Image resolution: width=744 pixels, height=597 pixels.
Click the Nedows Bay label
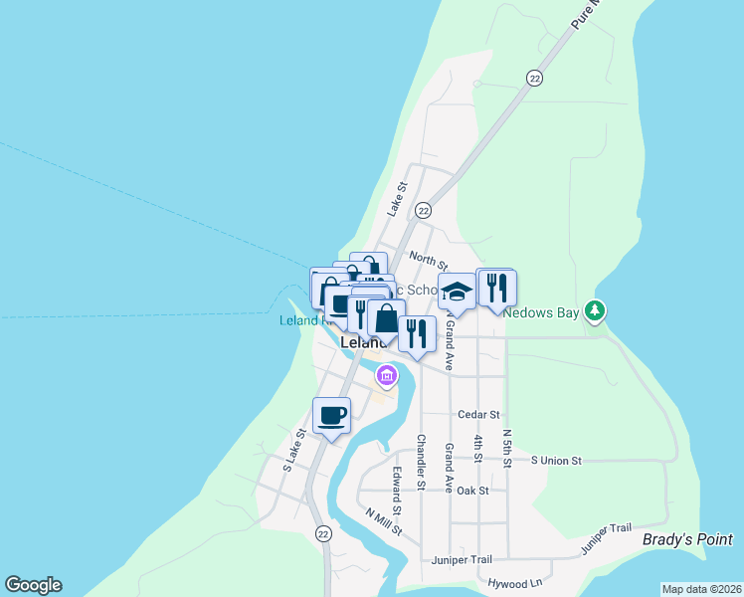541,311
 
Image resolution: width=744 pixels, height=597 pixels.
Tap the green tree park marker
595,311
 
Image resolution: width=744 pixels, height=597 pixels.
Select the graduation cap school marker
457,292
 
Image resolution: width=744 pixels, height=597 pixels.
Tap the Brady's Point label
687,539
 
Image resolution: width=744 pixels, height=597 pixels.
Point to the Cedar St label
477,414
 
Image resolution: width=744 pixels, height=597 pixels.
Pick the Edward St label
397,492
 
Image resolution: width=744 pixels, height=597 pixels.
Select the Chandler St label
421,460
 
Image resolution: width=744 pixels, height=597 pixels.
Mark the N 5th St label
507,448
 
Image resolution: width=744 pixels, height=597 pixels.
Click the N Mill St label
384,521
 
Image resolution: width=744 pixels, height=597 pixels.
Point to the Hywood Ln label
514,582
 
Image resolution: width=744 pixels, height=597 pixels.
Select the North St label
428,261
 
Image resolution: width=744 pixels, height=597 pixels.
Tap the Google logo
33,585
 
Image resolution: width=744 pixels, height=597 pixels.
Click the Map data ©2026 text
701,589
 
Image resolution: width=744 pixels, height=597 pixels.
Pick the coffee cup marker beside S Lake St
331,415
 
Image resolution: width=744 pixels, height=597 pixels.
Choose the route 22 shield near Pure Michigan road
535,78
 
